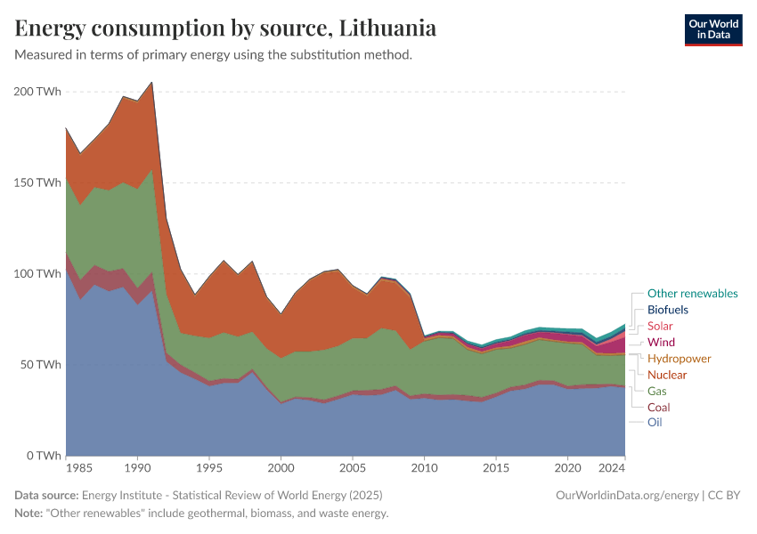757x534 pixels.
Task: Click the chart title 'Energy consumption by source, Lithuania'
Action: click(x=225, y=28)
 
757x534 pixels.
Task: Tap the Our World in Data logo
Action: click(x=712, y=29)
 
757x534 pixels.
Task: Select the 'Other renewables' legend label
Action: click(x=692, y=294)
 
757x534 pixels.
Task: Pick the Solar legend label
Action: click(x=660, y=327)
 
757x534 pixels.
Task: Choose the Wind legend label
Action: click(x=661, y=343)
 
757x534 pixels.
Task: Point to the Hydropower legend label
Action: click(x=680, y=359)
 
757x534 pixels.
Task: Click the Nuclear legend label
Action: click(x=667, y=375)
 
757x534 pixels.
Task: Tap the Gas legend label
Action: click(x=657, y=392)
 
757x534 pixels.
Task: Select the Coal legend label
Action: click(x=659, y=408)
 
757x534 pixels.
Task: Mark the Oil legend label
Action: click(x=655, y=423)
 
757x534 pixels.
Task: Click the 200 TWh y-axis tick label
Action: click(x=36, y=91)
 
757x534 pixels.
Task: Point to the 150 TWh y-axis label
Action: click(x=36, y=182)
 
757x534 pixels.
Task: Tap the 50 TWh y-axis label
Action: click(x=39, y=365)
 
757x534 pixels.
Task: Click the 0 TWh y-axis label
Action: click(x=42, y=456)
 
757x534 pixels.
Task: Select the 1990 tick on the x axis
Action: click(x=137, y=468)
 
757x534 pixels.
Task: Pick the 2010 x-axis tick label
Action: click(x=425, y=468)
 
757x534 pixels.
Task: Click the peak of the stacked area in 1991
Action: click(x=152, y=82)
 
